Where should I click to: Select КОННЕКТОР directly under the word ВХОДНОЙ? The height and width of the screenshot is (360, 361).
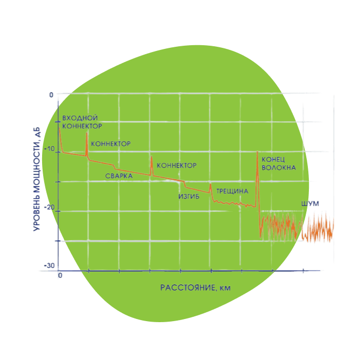(82, 126)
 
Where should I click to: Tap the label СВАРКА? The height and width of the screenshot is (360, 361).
(118, 176)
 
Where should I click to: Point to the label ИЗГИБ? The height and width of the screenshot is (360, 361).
(188, 197)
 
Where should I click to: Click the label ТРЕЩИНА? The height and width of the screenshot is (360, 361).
(232, 192)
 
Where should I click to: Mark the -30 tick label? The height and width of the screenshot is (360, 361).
(49, 266)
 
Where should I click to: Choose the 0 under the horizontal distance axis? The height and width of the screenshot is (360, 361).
(60, 275)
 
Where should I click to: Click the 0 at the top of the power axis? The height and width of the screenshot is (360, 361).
(52, 95)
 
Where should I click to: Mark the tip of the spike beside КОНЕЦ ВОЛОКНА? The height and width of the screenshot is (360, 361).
(257, 152)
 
